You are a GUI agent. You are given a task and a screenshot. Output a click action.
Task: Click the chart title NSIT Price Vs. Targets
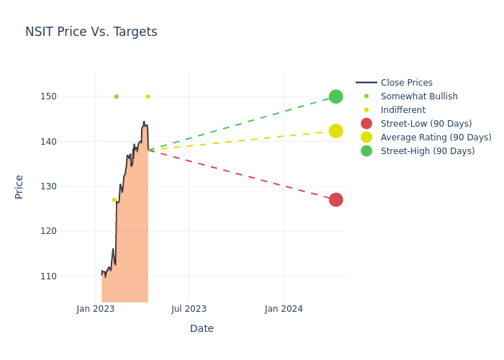(x=91, y=32)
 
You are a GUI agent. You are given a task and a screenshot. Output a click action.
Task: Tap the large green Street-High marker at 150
(x=336, y=96)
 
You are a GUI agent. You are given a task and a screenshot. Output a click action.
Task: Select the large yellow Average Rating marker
(x=336, y=131)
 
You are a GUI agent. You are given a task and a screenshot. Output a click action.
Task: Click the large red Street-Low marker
(x=336, y=199)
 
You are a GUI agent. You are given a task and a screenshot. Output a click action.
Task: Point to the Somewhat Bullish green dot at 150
(x=116, y=96)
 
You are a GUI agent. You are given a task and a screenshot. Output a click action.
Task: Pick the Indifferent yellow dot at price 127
(x=114, y=199)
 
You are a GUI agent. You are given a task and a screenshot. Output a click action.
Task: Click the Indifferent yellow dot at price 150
(x=148, y=96)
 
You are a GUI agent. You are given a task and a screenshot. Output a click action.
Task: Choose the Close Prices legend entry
(x=406, y=83)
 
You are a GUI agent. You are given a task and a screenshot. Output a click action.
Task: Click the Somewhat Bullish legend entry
(x=418, y=96)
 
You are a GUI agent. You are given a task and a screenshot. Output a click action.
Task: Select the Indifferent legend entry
(x=402, y=110)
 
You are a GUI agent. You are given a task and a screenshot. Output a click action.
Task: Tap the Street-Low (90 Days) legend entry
(x=426, y=124)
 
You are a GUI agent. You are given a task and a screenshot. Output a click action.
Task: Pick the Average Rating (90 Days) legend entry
(x=436, y=138)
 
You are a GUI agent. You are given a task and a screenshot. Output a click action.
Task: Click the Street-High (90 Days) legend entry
(x=427, y=151)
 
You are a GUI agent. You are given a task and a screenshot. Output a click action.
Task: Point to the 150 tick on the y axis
(x=68, y=96)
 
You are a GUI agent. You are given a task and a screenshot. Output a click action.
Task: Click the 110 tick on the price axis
(x=68, y=276)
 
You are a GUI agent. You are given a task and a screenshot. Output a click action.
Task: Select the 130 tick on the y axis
(x=68, y=186)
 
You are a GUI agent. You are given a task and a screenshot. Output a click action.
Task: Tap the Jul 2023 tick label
(x=189, y=309)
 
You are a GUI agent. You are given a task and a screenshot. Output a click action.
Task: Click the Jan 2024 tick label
(x=284, y=309)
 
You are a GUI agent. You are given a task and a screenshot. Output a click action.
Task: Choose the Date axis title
(x=202, y=328)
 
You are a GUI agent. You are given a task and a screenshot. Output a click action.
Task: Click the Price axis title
(x=19, y=186)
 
